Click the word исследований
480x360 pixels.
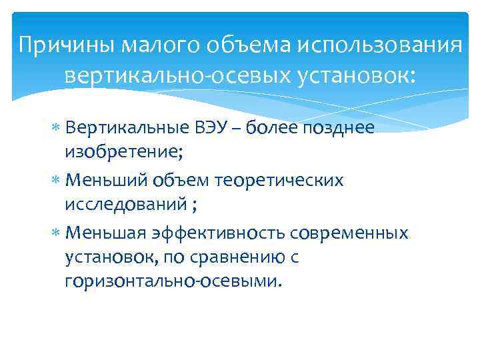(x=125, y=205)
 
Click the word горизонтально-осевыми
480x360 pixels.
(x=173, y=282)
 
